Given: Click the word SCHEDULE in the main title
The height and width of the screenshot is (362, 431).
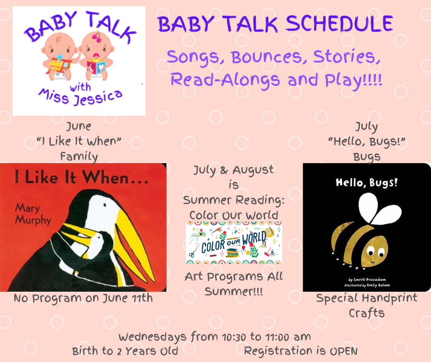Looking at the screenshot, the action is point(339,24).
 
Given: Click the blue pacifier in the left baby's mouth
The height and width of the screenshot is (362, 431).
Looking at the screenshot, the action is point(59,58).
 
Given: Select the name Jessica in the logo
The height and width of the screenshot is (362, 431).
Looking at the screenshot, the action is point(98,98).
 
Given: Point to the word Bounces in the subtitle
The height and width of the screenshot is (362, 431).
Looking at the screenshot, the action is point(266,57).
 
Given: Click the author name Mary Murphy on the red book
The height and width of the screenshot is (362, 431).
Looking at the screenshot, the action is point(33,214).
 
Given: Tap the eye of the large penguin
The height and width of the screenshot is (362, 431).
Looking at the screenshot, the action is point(105,205).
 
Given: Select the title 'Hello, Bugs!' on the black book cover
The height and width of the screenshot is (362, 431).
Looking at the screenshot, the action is point(367,183).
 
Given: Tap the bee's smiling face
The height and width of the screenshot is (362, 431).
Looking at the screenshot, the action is point(375,252).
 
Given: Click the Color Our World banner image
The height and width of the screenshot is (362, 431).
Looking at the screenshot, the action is point(234,243).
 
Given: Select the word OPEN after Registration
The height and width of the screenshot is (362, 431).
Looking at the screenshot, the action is point(343,351).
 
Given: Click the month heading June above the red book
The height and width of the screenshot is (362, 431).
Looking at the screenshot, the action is point(79,126).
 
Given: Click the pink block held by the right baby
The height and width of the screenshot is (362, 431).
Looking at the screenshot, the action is point(96,67).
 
